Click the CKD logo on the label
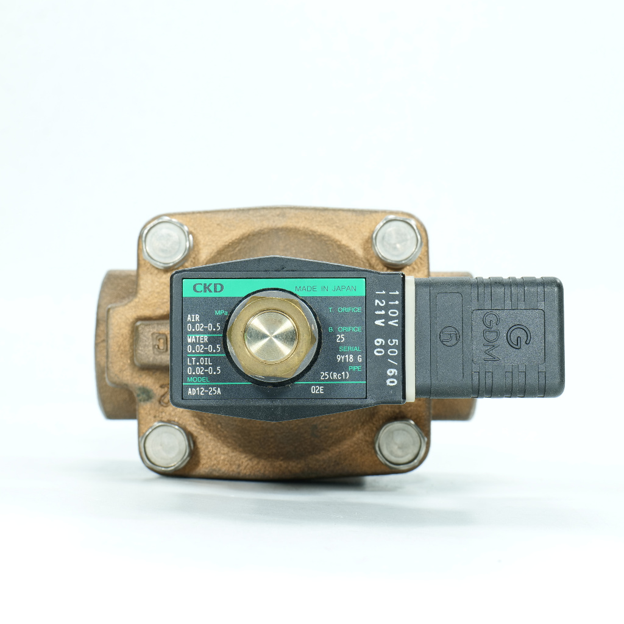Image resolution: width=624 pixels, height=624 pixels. pos(208,288)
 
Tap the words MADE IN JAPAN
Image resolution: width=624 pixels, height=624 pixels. pos(325,289)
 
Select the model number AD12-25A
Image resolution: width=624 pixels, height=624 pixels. pos(204,391)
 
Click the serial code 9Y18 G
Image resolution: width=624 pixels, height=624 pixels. pos(349,359)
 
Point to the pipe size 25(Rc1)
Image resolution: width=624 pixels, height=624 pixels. pos(335,376)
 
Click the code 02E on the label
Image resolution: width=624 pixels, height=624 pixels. pos(317,390)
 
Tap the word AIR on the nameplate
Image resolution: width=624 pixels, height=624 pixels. pos(193,318)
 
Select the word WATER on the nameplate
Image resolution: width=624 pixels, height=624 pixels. pos(197,339)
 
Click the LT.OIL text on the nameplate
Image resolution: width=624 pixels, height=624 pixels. pos(199,361)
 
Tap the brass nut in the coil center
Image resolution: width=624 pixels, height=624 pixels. pos(271,336)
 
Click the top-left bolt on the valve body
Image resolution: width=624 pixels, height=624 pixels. pos(166,242)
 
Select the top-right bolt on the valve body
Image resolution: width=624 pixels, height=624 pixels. pos(397,241)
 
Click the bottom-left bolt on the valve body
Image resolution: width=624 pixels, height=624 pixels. pos(166,446)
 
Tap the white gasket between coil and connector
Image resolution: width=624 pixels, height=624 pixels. pos(409,339)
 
